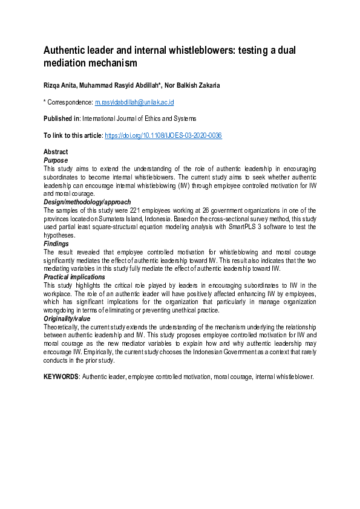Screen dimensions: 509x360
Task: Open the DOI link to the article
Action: point(163,135)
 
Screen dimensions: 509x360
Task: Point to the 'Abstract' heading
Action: point(56,152)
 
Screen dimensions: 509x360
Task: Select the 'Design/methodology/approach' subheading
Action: point(87,202)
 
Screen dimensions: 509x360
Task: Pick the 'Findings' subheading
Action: point(56,243)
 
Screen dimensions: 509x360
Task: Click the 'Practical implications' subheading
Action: point(74,277)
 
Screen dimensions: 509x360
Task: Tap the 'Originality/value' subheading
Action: point(67,318)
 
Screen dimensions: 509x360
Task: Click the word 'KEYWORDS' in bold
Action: point(61,376)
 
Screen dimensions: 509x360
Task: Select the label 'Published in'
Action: point(62,119)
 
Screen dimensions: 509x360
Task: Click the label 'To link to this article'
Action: point(72,135)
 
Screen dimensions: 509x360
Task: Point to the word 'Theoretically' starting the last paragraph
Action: point(61,326)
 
